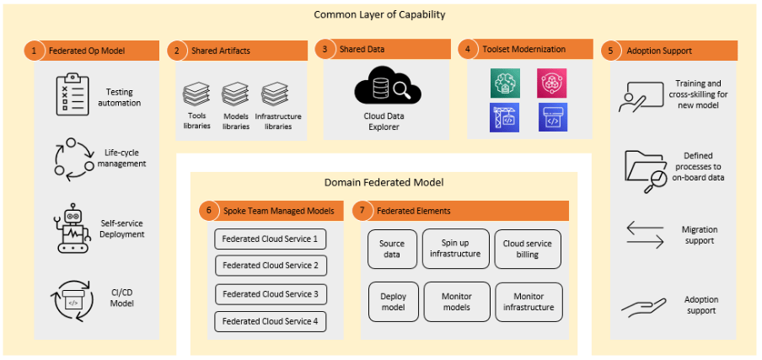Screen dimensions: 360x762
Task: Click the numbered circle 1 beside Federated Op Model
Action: (x=34, y=51)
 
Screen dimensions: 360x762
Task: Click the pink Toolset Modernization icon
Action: (x=553, y=83)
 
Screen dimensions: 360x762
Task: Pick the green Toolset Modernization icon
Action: (x=504, y=83)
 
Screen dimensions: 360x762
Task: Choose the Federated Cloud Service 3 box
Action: (x=270, y=294)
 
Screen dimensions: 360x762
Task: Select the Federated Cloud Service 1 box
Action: (x=270, y=239)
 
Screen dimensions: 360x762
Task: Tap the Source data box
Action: (x=392, y=249)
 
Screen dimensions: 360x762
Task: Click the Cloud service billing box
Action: (x=527, y=249)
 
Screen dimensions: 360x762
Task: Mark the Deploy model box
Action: (x=393, y=301)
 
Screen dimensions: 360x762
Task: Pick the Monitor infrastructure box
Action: (x=527, y=301)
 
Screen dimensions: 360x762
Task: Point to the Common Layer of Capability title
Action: (x=379, y=14)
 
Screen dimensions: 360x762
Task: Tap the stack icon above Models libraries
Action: (x=235, y=93)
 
